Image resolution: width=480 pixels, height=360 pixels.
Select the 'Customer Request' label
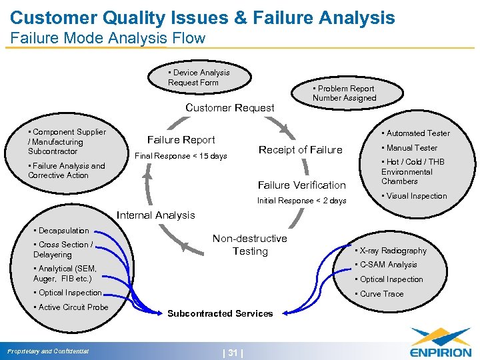point(229,107)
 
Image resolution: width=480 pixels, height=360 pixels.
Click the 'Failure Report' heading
point(181,140)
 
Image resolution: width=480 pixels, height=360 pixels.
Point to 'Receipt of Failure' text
point(300,150)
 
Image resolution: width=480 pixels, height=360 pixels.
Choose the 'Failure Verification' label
point(301,185)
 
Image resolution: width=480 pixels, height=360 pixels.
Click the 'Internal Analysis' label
point(155,215)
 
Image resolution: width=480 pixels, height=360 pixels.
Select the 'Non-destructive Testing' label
point(249,245)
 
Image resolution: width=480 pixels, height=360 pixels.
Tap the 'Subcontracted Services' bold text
point(219,313)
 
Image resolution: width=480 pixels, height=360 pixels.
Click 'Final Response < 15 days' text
point(181,157)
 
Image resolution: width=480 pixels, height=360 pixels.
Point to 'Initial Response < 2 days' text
point(301,201)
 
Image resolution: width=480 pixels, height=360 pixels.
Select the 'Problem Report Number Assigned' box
point(344,93)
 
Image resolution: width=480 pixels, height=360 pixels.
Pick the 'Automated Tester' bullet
point(417,133)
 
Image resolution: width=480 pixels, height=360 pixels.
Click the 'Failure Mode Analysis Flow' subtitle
point(108,38)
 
